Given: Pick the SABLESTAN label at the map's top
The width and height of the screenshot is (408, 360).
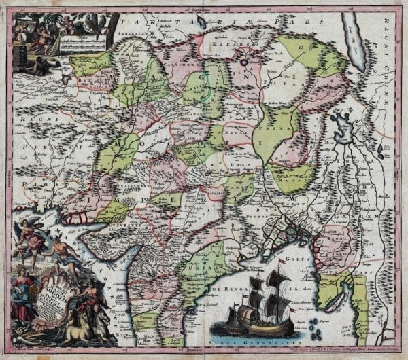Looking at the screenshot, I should [x=131, y=31].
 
